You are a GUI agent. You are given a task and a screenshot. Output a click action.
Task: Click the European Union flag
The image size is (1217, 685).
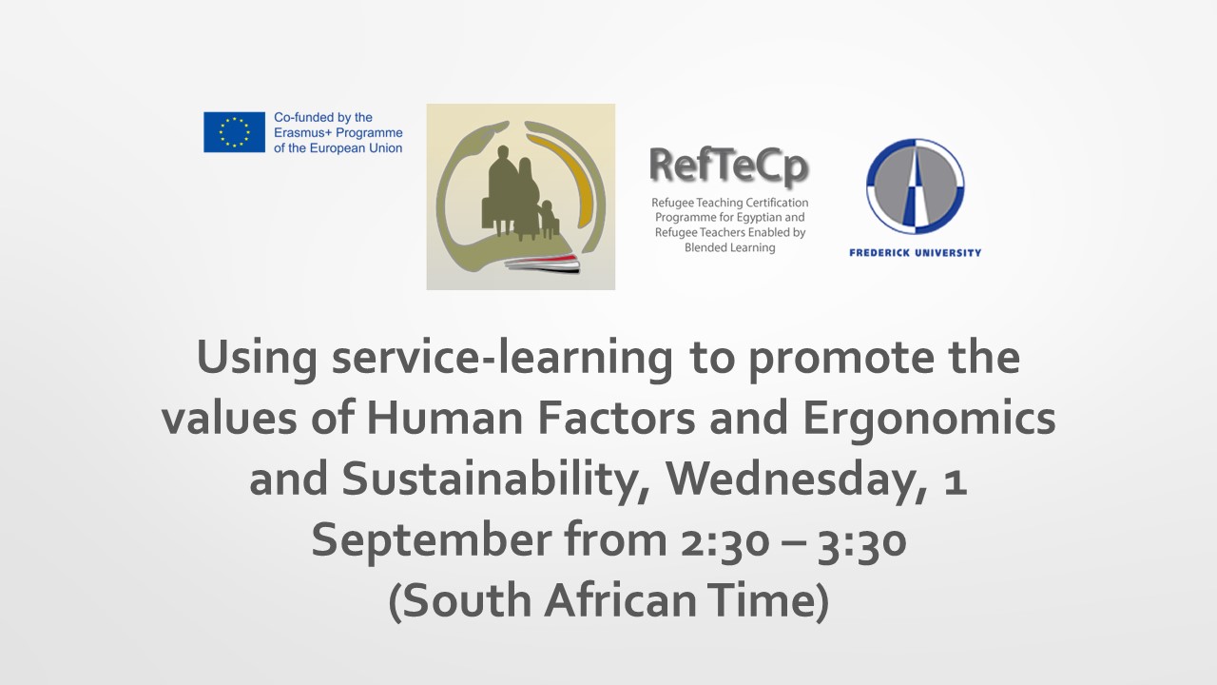(234, 132)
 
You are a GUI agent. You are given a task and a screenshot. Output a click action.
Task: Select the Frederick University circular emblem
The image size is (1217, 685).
(915, 186)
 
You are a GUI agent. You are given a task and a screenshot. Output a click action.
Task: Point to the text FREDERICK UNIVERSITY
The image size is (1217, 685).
(915, 252)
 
